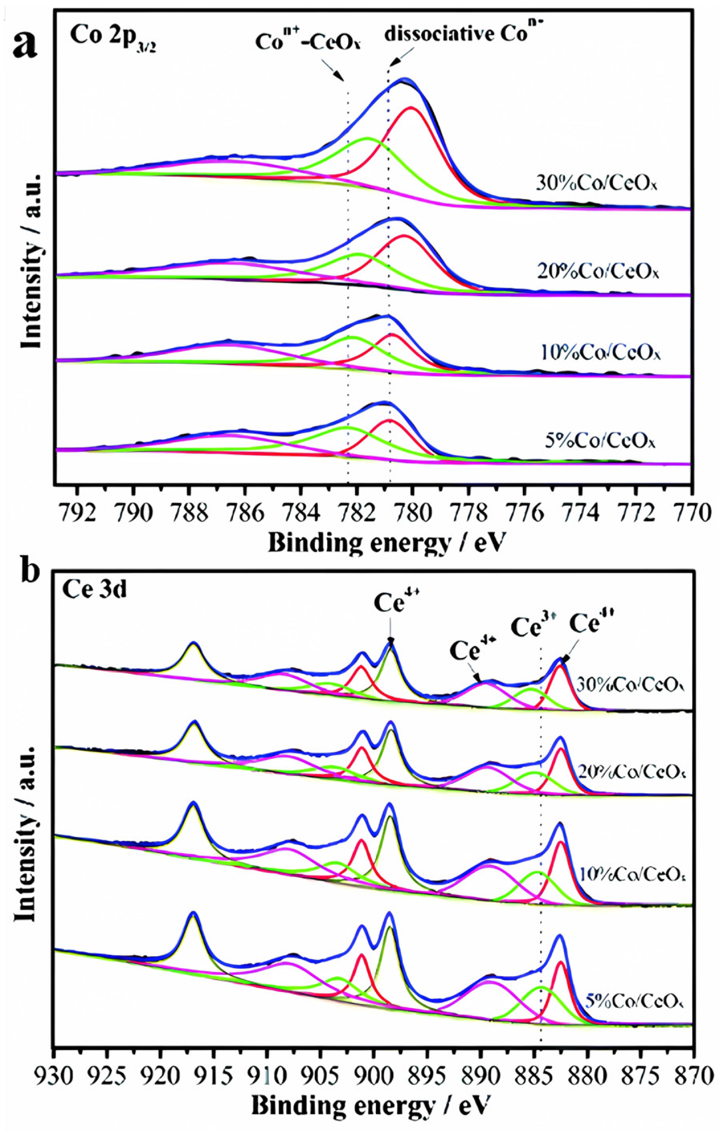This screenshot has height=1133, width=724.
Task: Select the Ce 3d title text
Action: click(94, 590)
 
